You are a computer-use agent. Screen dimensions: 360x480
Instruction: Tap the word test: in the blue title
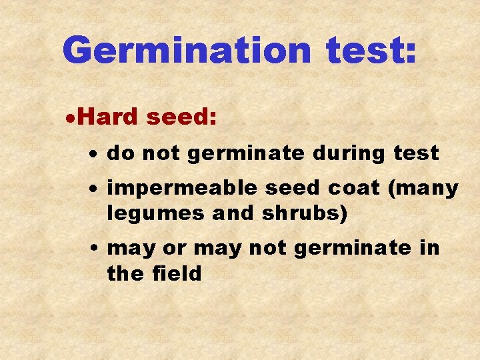(x=372, y=50)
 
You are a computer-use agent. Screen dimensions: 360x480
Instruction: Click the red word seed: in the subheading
(x=181, y=117)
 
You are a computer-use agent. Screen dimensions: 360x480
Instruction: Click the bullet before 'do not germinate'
(x=96, y=155)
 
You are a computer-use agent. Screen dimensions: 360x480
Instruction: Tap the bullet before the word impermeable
(x=96, y=189)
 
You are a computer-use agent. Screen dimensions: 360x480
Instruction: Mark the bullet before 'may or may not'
(x=96, y=249)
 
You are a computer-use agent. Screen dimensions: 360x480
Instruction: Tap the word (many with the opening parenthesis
(x=424, y=189)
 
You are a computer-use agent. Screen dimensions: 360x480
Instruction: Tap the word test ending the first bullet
(x=416, y=154)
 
